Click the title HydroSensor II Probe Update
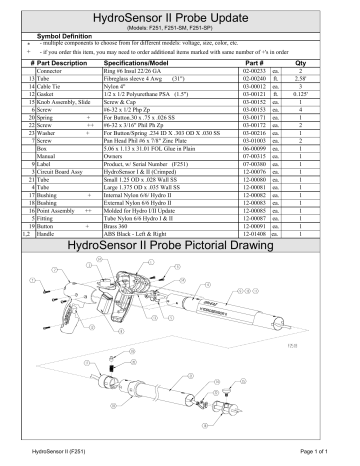click(179, 18)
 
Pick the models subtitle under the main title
click(179, 30)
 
